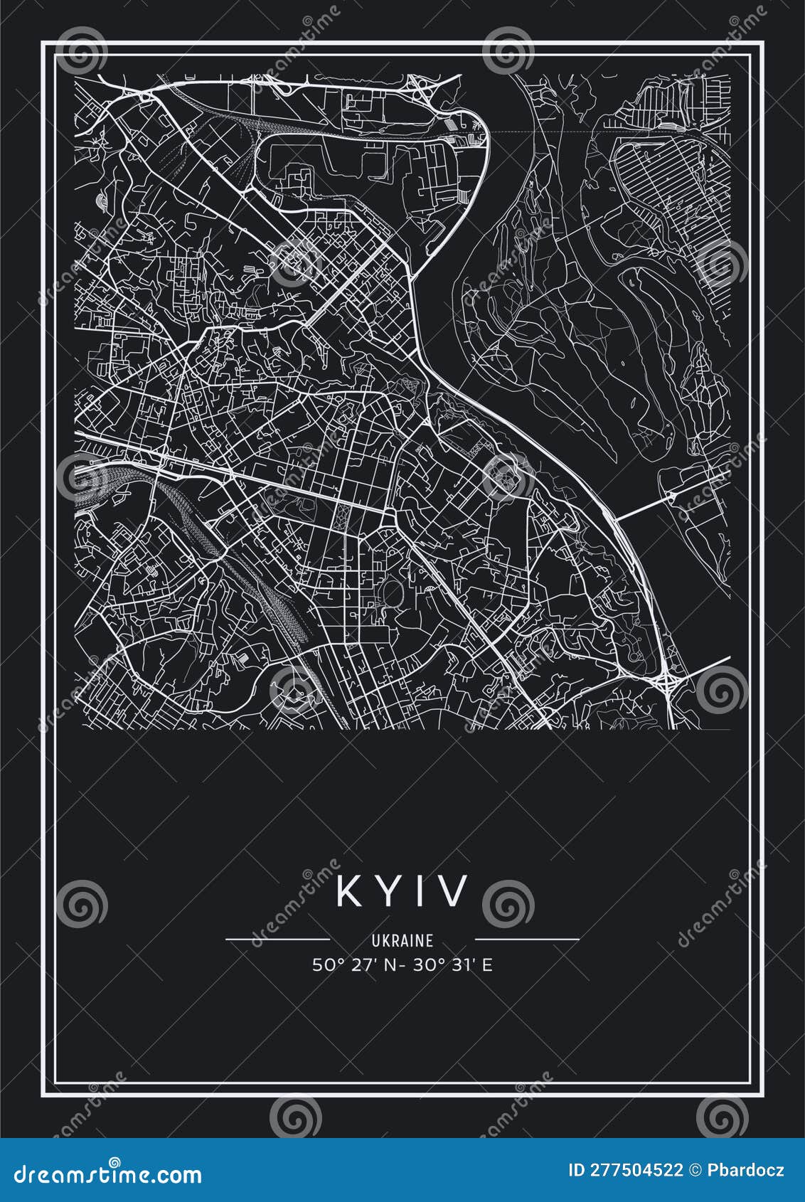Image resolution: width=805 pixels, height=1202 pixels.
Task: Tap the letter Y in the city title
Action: point(388,890)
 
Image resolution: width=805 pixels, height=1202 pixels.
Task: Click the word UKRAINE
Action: point(402,940)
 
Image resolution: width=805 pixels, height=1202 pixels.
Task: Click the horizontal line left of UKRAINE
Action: point(277,939)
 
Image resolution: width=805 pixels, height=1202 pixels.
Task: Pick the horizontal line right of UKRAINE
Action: point(527,939)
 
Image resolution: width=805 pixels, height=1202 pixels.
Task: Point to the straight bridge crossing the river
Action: point(644,506)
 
